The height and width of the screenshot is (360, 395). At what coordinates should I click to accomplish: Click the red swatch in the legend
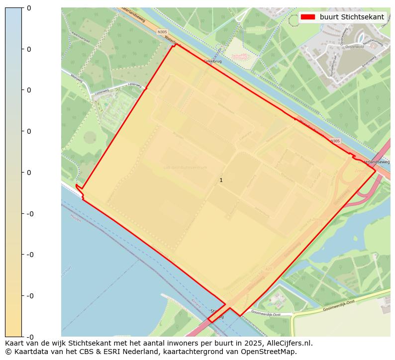click(308, 17)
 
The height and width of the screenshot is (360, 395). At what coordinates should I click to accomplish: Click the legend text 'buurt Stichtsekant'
click(352, 17)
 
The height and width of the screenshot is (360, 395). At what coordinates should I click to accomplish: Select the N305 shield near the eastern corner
click(335, 141)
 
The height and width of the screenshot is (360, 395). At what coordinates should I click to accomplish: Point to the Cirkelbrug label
click(212, 61)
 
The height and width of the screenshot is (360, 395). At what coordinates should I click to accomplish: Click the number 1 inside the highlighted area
click(221, 180)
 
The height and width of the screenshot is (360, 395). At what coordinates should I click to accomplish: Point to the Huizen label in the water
click(76, 218)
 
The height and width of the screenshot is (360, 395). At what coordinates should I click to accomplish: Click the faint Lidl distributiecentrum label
click(185, 168)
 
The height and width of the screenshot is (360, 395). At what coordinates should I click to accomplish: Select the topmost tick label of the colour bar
click(28, 8)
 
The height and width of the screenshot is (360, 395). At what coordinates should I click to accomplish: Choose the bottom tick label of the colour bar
click(28, 337)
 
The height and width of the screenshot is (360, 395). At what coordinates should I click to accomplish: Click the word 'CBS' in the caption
click(97, 352)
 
